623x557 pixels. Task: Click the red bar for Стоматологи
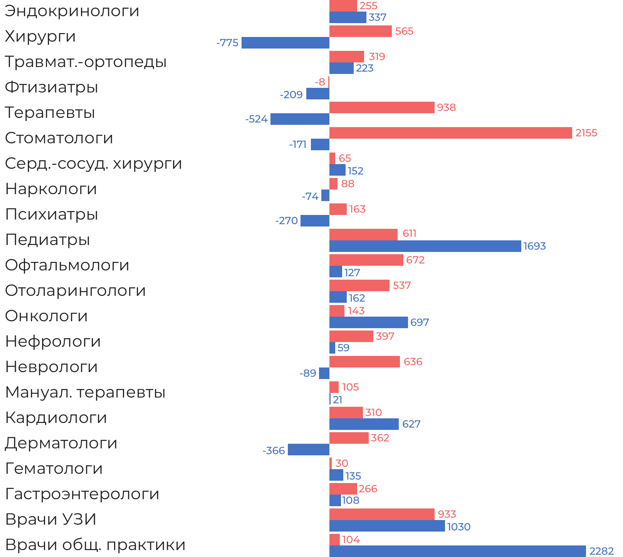450,133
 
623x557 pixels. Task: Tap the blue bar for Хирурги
285,43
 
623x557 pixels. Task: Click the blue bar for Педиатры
425,246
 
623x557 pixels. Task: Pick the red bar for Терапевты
382,107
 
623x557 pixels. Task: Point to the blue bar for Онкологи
368,322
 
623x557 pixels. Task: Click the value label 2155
586,133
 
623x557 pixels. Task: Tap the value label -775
227,43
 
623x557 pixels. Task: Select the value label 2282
601,551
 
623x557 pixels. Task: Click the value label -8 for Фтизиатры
320,82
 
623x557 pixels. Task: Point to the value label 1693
534,246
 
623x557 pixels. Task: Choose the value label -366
274,450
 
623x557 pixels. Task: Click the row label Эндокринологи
72,11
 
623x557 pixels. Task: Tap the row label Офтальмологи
67,265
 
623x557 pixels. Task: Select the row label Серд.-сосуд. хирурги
93,164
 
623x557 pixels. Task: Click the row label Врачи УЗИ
51,520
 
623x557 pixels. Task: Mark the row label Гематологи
54,469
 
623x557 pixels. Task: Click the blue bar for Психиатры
315,221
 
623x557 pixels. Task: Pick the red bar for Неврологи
364,362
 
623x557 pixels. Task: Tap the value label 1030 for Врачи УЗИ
458,527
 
